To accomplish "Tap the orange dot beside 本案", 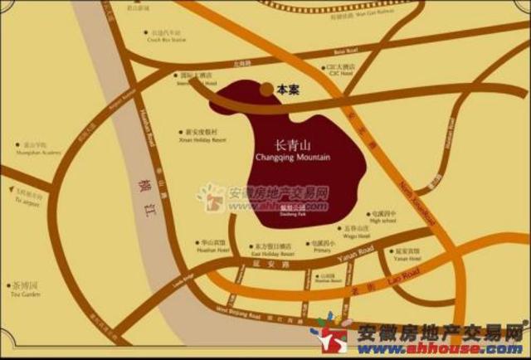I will pyautogui.click(x=265, y=88).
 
